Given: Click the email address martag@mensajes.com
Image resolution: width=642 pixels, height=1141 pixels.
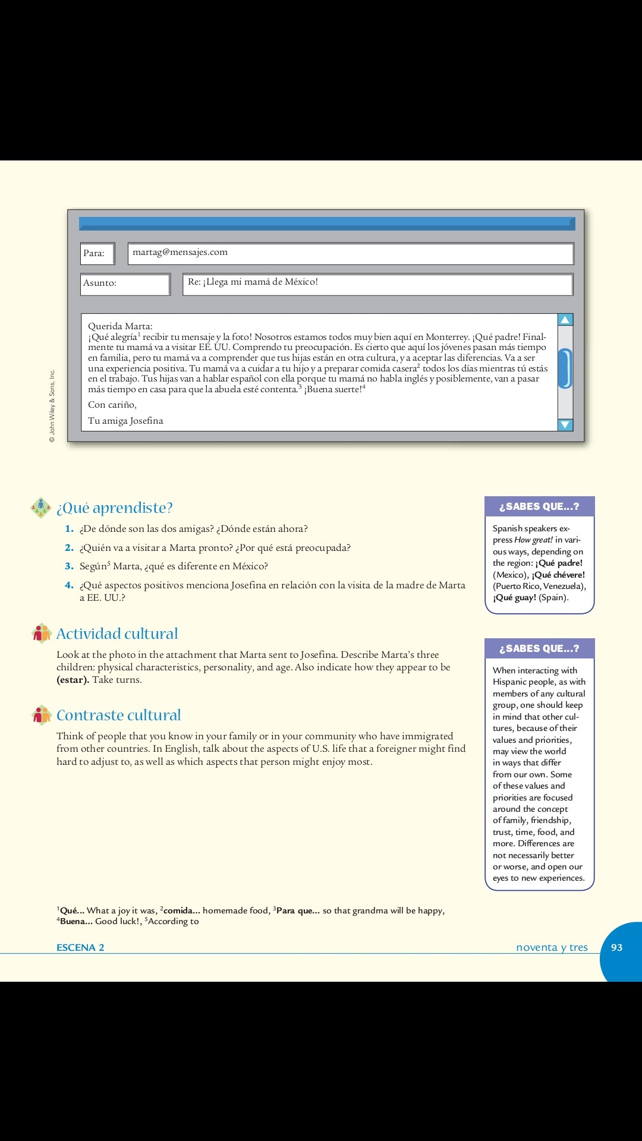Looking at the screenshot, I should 180,252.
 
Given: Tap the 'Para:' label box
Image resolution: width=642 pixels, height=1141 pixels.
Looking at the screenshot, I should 97,253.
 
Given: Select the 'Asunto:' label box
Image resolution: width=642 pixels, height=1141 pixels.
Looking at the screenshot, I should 125,283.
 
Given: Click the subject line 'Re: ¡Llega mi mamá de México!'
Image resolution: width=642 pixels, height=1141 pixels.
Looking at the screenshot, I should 253,282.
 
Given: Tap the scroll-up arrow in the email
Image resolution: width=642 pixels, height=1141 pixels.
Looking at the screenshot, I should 565,320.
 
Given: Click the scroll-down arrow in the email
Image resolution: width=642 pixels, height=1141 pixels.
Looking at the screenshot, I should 565,424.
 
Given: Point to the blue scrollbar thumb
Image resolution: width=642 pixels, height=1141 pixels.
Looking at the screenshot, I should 565,368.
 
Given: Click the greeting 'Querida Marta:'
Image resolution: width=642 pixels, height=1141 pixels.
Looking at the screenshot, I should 120,326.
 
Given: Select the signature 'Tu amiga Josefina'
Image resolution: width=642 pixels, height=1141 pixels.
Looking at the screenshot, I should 125,421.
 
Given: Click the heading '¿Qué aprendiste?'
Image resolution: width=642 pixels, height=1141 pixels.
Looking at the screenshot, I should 114,508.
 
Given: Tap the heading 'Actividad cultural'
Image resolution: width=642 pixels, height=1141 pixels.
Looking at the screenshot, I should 117,633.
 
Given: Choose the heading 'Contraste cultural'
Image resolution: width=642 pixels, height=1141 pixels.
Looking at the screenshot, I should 118,715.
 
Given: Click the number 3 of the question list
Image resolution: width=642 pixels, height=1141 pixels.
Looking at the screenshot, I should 69,566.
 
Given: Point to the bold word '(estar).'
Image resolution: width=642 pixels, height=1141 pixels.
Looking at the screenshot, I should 73,680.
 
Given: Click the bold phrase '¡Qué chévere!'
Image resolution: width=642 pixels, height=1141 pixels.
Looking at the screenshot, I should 558,575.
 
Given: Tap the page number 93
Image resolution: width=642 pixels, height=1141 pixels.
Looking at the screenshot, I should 617,947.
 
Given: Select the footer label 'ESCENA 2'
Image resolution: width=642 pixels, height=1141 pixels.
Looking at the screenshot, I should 80,947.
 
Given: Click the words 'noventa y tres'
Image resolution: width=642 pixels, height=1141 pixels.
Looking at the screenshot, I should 552,947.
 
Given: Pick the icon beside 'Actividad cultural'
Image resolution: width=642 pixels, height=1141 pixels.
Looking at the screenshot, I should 42,633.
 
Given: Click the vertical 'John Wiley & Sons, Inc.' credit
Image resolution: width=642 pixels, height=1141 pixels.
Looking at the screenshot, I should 52,406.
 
